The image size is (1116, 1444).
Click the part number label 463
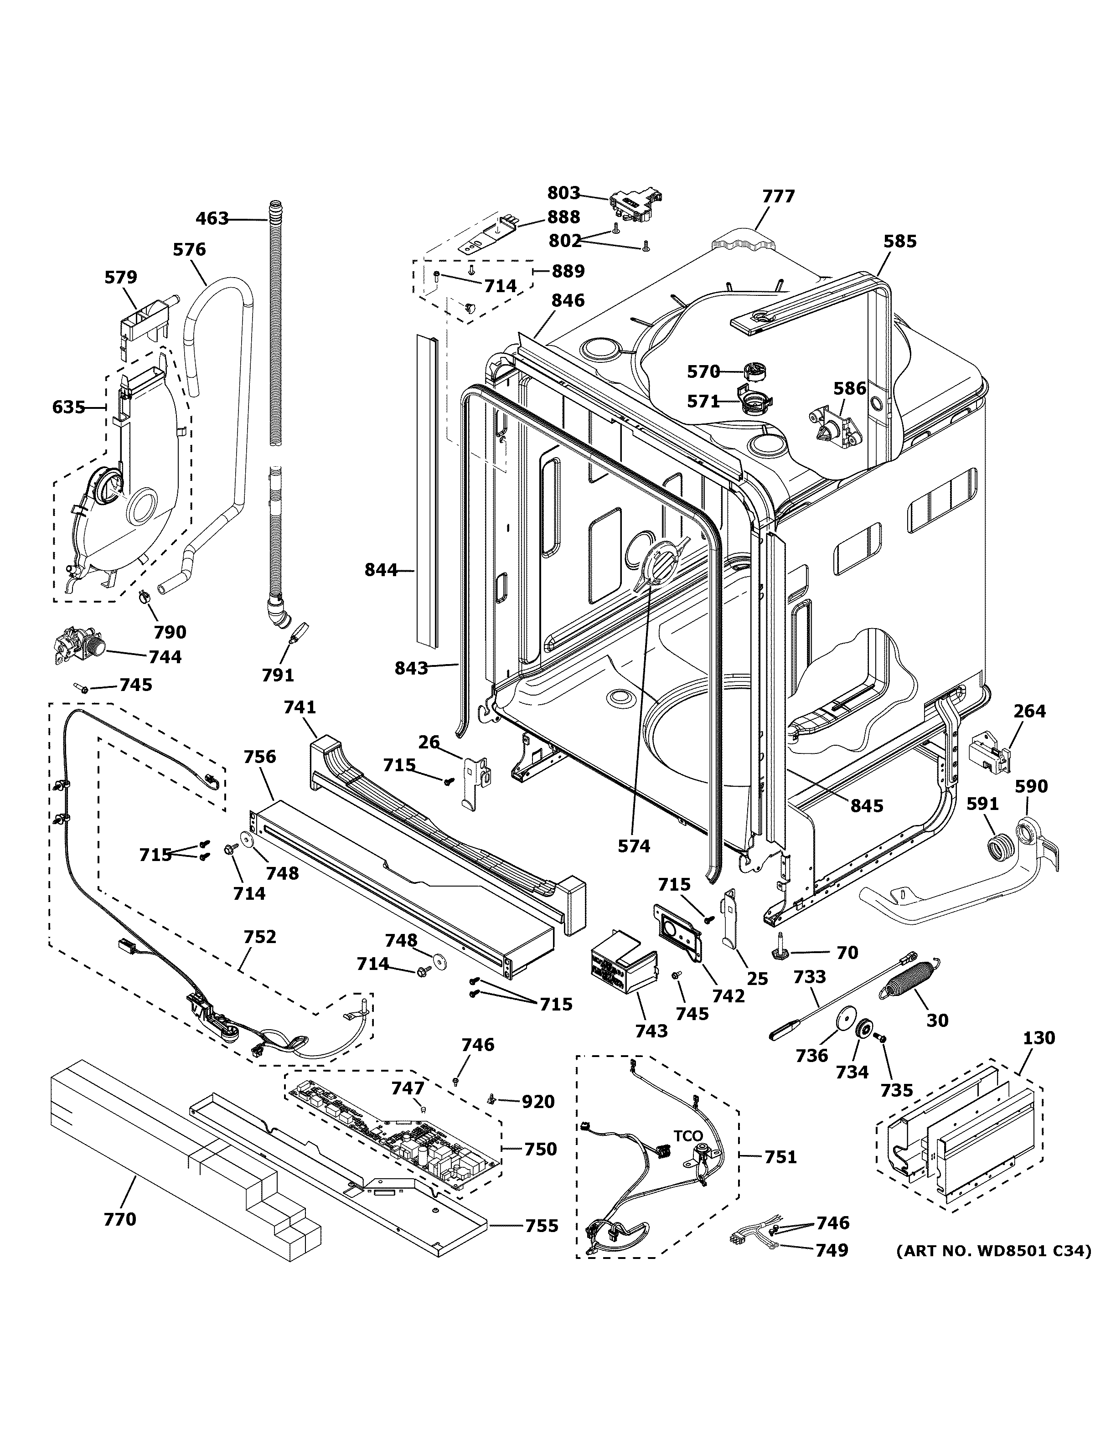coord(212,218)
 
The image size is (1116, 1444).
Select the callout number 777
coord(778,196)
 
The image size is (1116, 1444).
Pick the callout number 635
coord(69,407)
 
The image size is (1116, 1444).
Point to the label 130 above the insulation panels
coord(1038,1038)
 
